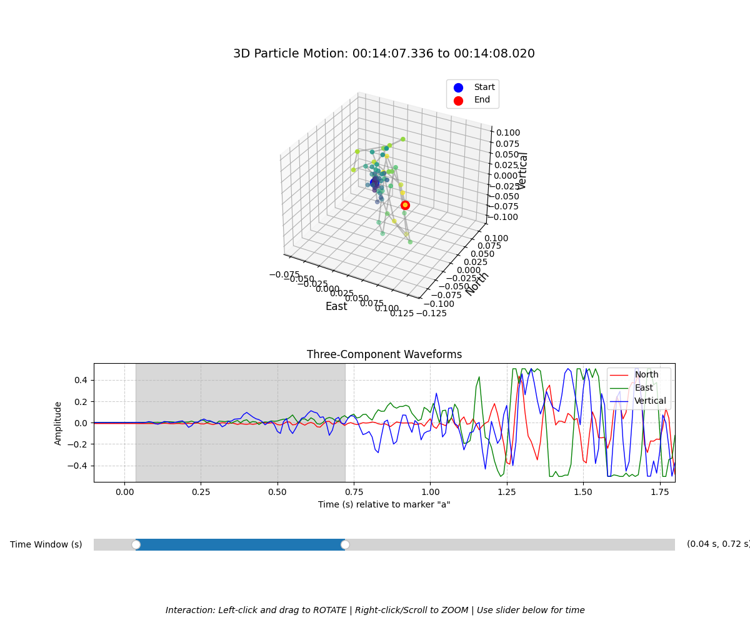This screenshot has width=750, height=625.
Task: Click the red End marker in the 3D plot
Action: [405, 205]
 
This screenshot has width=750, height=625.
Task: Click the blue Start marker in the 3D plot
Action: [375, 182]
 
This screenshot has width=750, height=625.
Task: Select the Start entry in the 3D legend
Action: [484, 87]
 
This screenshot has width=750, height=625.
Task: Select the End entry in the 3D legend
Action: [482, 100]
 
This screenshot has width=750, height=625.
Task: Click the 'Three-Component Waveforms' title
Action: [384, 354]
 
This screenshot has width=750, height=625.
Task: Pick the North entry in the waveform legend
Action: [646, 375]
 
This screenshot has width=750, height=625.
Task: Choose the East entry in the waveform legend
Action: [644, 388]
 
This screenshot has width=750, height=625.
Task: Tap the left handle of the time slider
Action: [136, 544]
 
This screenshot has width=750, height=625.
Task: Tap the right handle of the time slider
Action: [345, 544]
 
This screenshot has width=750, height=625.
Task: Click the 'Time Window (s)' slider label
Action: [46, 544]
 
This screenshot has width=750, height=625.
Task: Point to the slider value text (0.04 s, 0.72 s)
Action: [717, 544]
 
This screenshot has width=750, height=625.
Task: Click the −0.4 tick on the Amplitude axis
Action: [79, 466]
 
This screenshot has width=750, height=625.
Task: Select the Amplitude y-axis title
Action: [58, 422]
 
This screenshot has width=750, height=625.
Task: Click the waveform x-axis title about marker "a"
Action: [384, 504]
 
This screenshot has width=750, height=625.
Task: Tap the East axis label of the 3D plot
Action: [336, 306]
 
